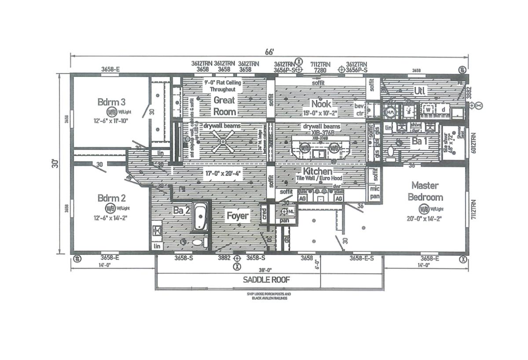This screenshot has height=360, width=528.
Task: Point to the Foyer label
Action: point(237,216)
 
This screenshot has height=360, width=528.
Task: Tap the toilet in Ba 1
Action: point(390,151)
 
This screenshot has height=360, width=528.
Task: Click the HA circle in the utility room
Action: point(390,113)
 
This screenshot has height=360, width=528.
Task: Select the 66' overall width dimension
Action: point(269,52)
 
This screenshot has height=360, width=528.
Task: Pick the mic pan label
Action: point(374,192)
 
